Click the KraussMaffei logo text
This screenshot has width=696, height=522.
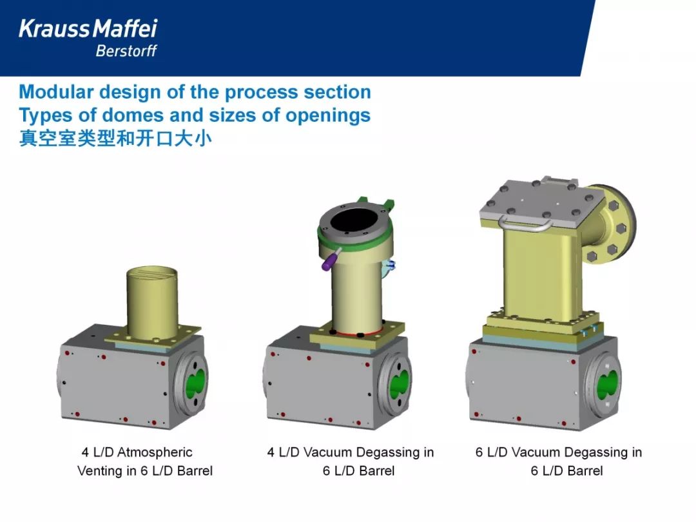[x=88, y=28]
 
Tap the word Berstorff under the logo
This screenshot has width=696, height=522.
[x=126, y=51]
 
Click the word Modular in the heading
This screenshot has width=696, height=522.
[x=56, y=92]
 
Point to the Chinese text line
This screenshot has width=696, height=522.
[x=115, y=139]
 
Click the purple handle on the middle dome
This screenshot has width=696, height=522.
[x=330, y=260]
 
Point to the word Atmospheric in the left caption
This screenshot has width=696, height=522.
[x=155, y=452]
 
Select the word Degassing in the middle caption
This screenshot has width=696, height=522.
[x=384, y=452]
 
